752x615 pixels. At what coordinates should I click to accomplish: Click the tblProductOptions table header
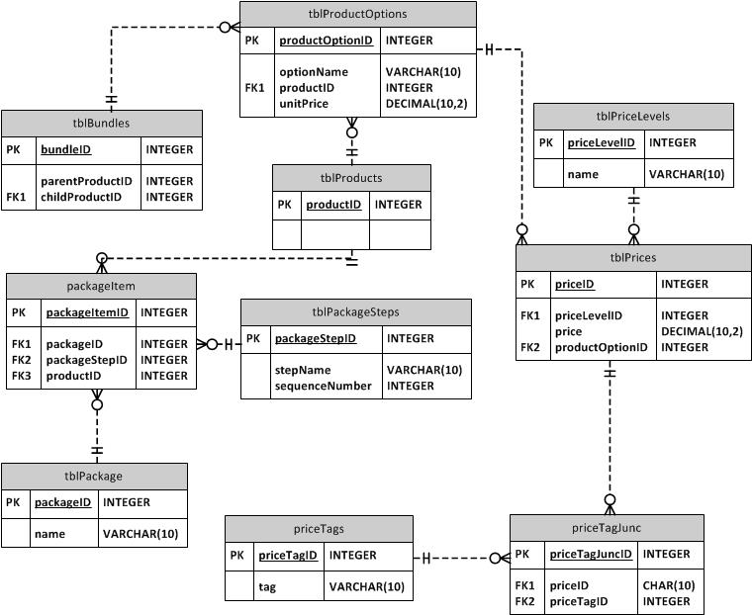(x=357, y=14)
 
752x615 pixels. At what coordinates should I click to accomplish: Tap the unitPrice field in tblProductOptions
(x=305, y=104)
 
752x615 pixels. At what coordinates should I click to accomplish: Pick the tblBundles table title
(x=101, y=123)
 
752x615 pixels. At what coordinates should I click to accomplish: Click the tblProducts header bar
(x=351, y=178)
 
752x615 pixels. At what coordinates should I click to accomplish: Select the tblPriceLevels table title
(x=633, y=116)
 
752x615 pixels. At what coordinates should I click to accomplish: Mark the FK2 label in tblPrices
(x=532, y=347)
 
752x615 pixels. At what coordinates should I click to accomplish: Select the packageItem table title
(x=100, y=286)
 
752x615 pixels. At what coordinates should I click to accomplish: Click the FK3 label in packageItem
(x=22, y=376)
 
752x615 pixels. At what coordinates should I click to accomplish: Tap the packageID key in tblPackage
(x=62, y=502)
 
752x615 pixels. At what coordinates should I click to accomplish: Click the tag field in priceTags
(x=267, y=587)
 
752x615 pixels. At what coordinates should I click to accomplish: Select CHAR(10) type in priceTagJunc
(x=669, y=585)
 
